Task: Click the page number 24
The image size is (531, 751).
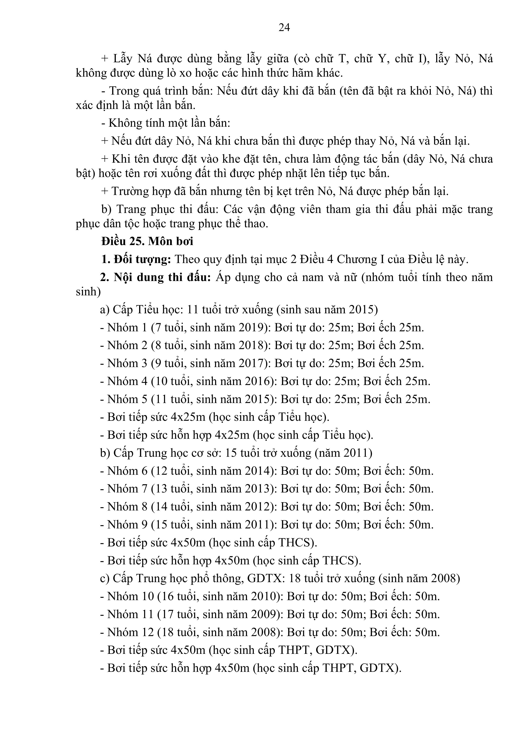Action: coord(284,27)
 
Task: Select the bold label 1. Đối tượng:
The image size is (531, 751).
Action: coord(136,259)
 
